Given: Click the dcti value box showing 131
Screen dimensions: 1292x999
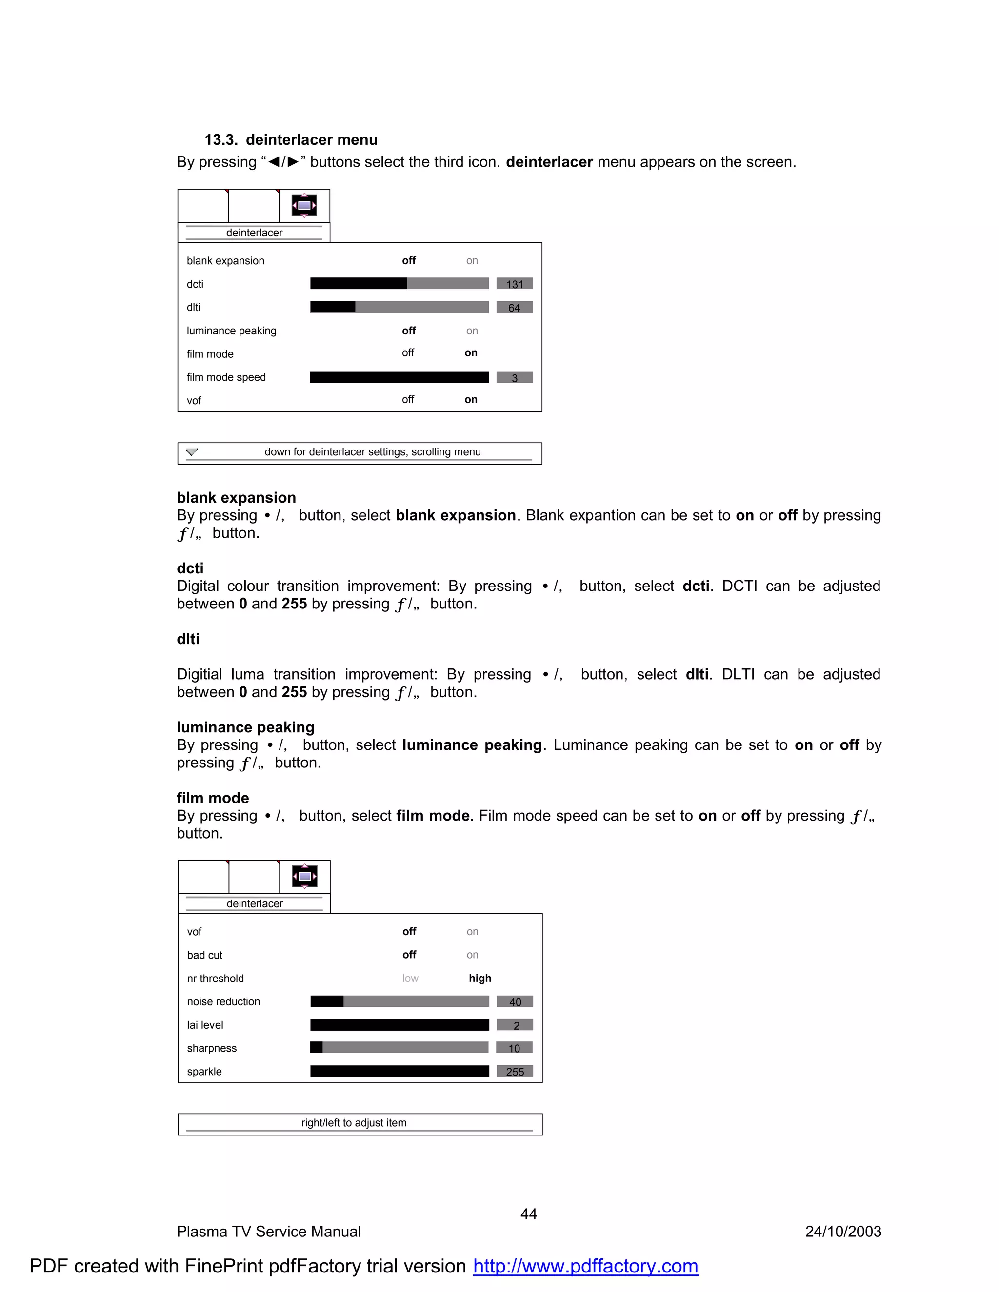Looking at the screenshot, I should point(514,284).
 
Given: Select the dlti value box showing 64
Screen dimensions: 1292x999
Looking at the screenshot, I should point(514,307).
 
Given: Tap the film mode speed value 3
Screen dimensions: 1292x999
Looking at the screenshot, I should point(514,377).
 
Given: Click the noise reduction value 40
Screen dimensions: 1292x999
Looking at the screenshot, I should point(515,1001).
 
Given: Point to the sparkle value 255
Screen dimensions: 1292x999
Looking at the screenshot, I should point(515,1071).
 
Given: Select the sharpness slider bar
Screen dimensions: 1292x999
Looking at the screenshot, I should point(400,1048).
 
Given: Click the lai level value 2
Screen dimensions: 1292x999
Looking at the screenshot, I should point(515,1025).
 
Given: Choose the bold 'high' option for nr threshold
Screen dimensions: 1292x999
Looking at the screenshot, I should point(480,978).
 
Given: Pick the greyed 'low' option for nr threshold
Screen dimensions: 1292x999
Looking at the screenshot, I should point(410,978).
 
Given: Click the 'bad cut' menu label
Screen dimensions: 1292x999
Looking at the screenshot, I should point(205,955).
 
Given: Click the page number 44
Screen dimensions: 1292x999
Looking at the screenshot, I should point(528,1214).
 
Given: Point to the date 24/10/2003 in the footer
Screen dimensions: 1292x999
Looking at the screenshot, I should point(843,1232).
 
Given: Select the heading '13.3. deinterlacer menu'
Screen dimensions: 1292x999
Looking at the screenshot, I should point(291,139).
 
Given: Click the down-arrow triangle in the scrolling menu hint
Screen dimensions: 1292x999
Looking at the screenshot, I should point(192,452).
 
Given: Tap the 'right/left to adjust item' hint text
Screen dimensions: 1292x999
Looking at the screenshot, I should point(354,1123).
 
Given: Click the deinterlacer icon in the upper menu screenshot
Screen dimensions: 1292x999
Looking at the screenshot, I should point(304,206).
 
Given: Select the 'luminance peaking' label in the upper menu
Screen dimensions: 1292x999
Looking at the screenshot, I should point(231,331).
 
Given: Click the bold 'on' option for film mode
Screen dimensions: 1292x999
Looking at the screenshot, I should point(471,353).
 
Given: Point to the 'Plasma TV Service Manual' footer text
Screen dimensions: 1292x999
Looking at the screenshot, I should point(269,1232).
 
